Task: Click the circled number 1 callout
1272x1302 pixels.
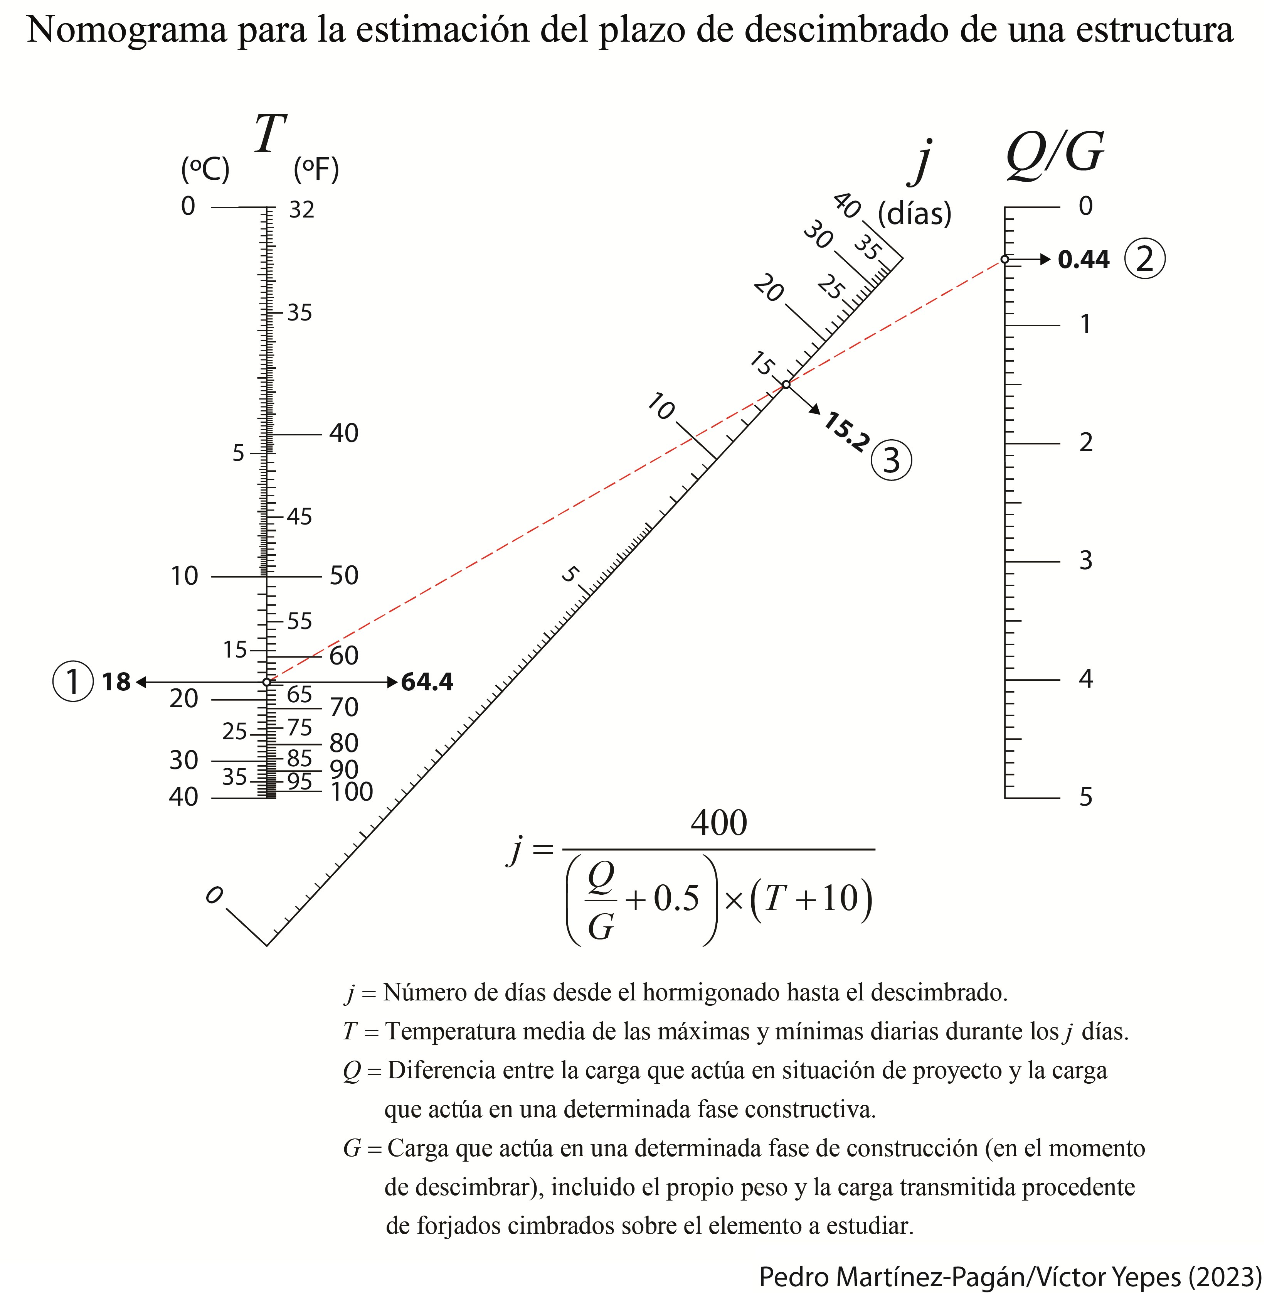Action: [x=73, y=682]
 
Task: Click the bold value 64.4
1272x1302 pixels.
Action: [x=427, y=682]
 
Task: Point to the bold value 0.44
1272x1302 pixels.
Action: [x=1083, y=259]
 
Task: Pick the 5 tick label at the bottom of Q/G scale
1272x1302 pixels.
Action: [x=1085, y=797]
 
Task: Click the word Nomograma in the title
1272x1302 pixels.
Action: [x=127, y=30]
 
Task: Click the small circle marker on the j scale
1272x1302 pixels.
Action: [x=786, y=385]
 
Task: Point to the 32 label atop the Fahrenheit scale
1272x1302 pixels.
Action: [x=301, y=210]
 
